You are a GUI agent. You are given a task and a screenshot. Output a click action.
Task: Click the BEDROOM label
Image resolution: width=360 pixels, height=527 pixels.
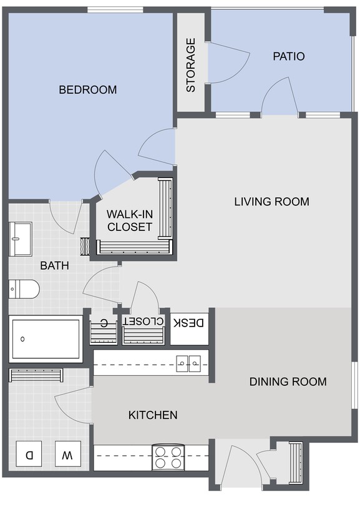(87, 90)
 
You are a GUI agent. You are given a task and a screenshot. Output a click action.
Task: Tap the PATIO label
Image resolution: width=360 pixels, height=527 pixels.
(288, 56)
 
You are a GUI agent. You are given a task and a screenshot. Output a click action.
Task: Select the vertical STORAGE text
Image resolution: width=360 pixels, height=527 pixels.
(191, 65)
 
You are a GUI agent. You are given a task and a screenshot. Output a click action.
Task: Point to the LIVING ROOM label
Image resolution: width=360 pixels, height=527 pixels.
(271, 202)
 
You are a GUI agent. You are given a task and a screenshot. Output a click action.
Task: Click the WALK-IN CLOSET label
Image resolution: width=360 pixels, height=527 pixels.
(129, 220)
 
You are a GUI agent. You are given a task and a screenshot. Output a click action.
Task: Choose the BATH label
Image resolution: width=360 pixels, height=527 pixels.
(54, 265)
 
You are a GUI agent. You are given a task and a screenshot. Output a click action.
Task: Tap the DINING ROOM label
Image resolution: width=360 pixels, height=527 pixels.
(288, 382)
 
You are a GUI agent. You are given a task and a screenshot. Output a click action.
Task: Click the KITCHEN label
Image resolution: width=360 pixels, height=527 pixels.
(153, 415)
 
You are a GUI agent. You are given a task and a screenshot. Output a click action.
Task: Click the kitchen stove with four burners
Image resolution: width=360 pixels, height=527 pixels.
(168, 458)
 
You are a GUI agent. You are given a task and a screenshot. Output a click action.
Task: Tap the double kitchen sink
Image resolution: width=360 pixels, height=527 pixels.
(188, 362)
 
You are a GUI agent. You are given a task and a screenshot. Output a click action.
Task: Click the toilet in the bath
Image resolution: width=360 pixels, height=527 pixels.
(24, 289)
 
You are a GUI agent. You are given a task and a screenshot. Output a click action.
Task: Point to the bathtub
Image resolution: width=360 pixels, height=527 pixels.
(46, 339)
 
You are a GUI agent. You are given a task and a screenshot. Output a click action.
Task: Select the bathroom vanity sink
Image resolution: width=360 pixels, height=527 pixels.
(21, 238)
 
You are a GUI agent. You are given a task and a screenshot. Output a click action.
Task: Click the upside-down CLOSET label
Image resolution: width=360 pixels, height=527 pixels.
(144, 322)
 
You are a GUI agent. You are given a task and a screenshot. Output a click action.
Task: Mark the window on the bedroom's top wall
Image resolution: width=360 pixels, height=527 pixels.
(115, 9)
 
